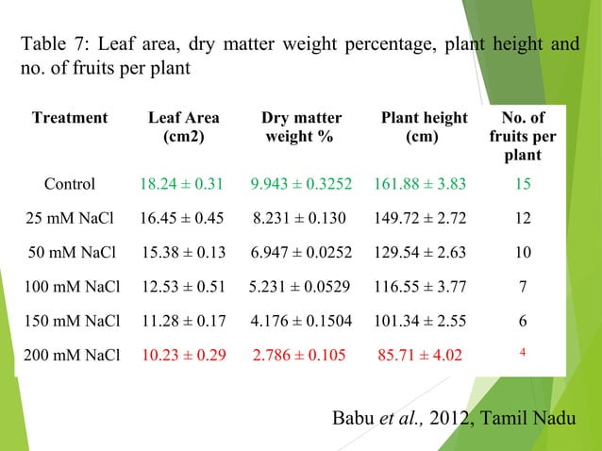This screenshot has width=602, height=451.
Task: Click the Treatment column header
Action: point(70,117)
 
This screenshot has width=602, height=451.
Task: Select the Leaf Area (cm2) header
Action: point(184,127)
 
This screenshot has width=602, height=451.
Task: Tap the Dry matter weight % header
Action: point(301,127)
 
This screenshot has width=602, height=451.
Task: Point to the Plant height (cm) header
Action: point(425,127)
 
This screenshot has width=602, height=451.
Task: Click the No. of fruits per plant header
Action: point(523,136)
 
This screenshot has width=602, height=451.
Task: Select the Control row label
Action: point(70,184)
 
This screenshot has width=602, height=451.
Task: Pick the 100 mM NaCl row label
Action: point(72,287)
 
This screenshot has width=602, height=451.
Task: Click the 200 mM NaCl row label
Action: point(72,355)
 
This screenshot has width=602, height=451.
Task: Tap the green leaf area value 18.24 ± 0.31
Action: point(181,184)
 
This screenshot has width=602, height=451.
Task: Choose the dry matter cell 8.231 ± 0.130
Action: point(299,218)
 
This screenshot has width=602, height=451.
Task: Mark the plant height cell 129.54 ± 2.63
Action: point(420,252)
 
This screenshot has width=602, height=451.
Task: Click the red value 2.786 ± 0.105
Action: point(299,355)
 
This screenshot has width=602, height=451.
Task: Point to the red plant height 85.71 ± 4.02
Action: point(420,355)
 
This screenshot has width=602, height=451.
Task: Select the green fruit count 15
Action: point(523,184)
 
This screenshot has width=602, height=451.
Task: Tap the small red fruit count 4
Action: point(523,352)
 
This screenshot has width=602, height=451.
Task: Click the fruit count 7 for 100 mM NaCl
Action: point(523,287)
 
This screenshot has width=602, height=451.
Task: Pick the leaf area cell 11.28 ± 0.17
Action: point(184,321)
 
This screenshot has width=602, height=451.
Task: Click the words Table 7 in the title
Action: point(55,43)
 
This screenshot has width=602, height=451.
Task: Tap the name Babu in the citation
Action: point(353,418)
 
